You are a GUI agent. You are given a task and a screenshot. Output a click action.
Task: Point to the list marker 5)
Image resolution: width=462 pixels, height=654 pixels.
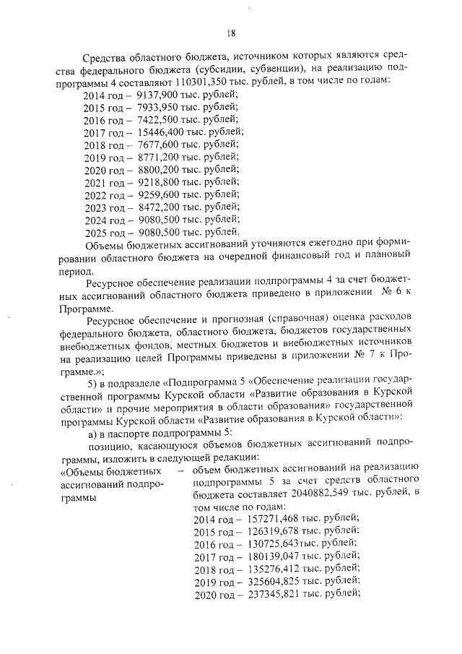pyautogui.click(x=92, y=381)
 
